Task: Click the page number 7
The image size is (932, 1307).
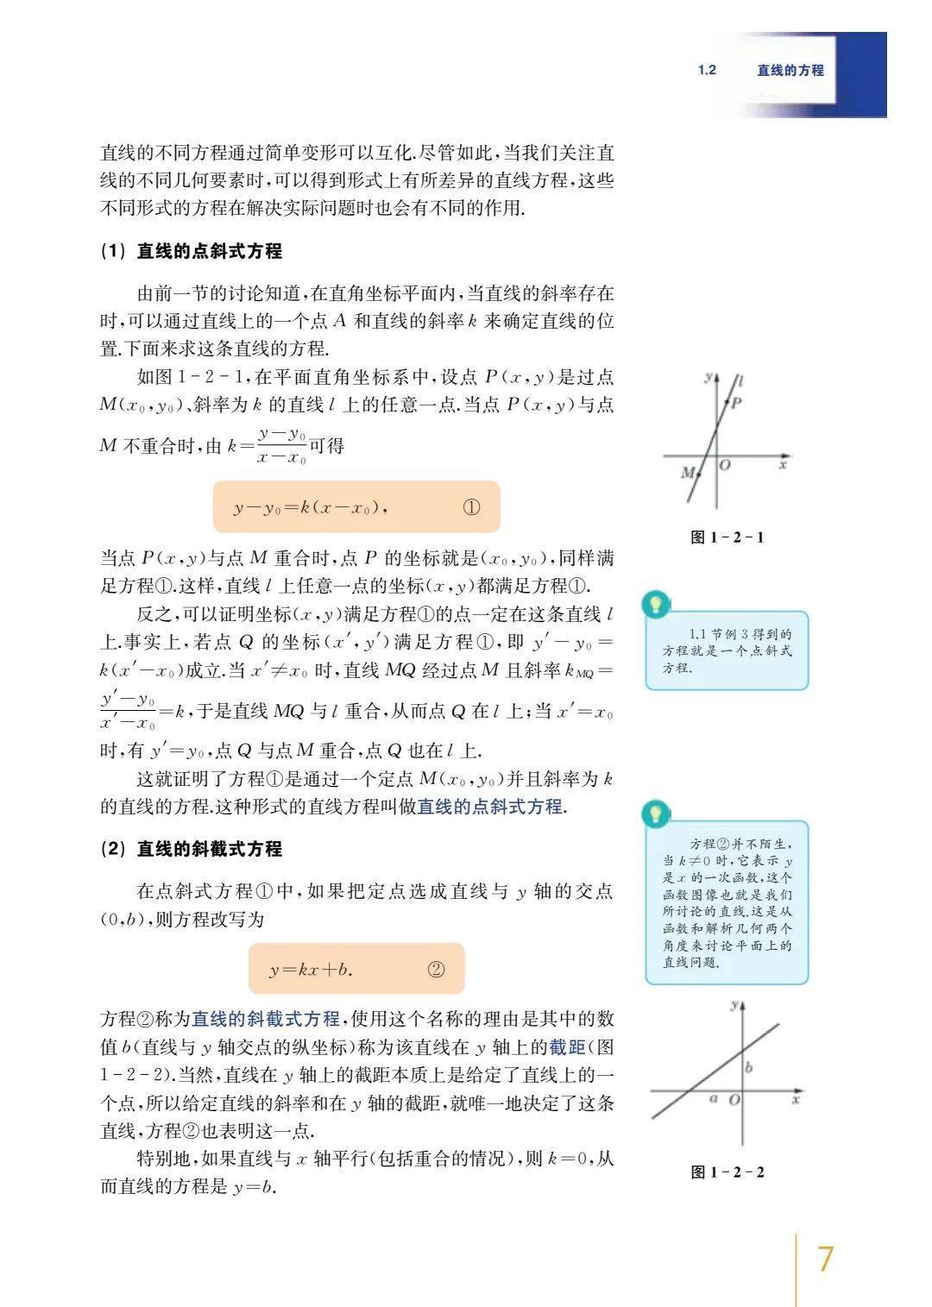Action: pyautogui.click(x=825, y=1259)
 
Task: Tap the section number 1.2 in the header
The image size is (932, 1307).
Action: pyautogui.click(x=707, y=70)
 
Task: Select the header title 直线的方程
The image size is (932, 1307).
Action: pyautogui.click(x=790, y=70)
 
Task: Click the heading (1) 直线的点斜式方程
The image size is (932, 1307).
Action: pyautogui.click(x=192, y=251)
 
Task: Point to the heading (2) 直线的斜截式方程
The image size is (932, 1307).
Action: pyautogui.click(x=192, y=849)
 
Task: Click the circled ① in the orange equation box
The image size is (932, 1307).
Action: pyautogui.click(x=471, y=507)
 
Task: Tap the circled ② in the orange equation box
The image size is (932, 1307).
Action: pyautogui.click(x=436, y=970)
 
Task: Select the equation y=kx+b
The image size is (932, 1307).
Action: pyautogui.click(x=311, y=970)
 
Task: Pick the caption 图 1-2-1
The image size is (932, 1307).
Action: pyautogui.click(x=727, y=537)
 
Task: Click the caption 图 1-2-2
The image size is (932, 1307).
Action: pyautogui.click(x=727, y=1172)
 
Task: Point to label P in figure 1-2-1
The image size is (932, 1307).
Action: pyautogui.click(x=737, y=402)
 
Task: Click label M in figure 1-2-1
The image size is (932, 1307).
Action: pyautogui.click(x=688, y=473)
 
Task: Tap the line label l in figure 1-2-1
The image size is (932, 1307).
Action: pyautogui.click(x=742, y=380)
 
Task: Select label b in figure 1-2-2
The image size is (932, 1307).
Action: pyautogui.click(x=748, y=1067)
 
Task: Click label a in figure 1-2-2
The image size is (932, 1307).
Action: pyautogui.click(x=713, y=1098)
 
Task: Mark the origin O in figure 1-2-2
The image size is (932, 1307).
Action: pyautogui.click(x=734, y=1101)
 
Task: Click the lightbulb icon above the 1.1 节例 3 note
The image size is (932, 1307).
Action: pyautogui.click(x=657, y=604)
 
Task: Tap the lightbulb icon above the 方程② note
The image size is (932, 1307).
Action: pyautogui.click(x=657, y=813)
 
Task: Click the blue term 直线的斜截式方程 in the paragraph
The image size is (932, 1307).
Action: pyautogui.click(x=266, y=1019)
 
